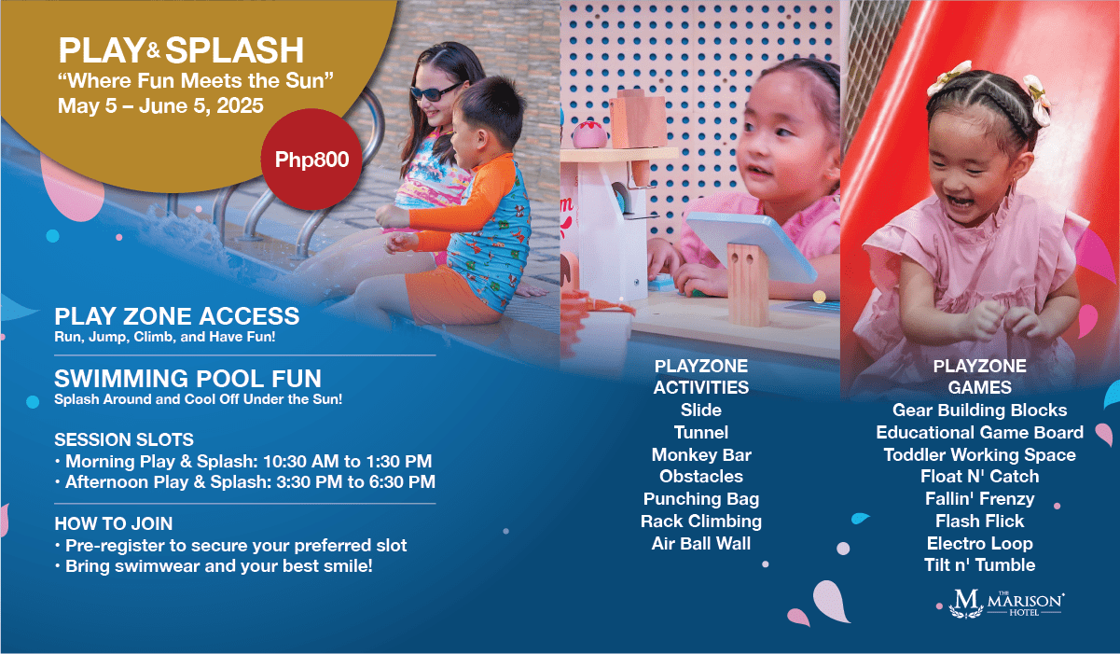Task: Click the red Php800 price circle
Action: point(311,160)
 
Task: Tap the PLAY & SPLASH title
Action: point(181,50)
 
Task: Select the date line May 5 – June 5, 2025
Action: point(160,105)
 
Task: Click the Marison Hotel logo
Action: point(1006,604)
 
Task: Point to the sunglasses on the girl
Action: point(434,91)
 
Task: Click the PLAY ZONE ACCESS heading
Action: point(177,316)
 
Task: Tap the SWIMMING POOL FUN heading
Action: point(187,378)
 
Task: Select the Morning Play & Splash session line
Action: point(243,461)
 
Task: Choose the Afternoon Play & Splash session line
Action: point(245,481)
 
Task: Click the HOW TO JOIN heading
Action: point(114,523)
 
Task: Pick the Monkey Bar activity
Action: point(701,455)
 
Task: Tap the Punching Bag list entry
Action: point(701,499)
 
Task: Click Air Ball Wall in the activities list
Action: point(701,543)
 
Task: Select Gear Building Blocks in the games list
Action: point(979,410)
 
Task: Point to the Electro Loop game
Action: point(979,543)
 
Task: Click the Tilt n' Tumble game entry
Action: point(979,565)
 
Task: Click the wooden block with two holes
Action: point(748,284)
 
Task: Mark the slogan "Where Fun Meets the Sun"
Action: point(196,80)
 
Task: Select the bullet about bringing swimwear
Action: point(214,566)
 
